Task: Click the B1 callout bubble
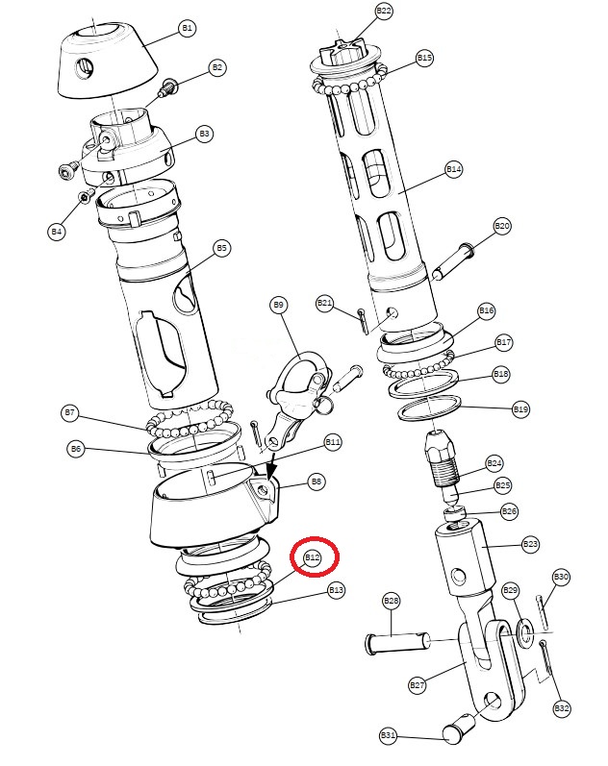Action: (x=187, y=28)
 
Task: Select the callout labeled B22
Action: (x=384, y=11)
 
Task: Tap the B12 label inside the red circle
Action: (x=313, y=557)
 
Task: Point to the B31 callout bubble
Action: (x=388, y=734)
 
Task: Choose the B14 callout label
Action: (x=454, y=169)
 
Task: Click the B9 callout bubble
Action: (x=278, y=306)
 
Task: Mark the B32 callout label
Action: (x=562, y=708)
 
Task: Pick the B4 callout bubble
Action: (x=57, y=231)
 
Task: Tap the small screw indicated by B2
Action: (x=167, y=86)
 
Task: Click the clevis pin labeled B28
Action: (x=398, y=641)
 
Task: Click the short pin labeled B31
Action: (x=458, y=728)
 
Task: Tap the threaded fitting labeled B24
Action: (x=443, y=458)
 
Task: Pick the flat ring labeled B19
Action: (x=430, y=408)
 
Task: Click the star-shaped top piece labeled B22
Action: (x=346, y=53)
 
